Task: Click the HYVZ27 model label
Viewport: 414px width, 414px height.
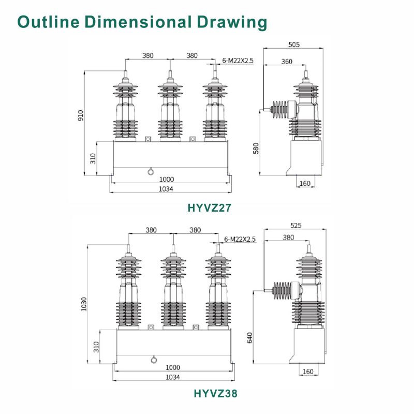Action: [x=209, y=208]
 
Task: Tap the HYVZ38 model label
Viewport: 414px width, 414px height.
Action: [x=215, y=393]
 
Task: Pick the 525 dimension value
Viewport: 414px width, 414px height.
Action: [x=296, y=226]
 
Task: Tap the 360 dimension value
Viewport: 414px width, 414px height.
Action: [x=286, y=61]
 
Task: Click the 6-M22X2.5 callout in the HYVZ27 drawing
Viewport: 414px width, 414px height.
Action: [x=238, y=61]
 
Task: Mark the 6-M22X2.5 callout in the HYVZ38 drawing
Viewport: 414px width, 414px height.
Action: [x=241, y=239]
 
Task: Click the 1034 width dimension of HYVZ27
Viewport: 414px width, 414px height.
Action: [x=166, y=189]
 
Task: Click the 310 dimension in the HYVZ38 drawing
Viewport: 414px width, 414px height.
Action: [x=96, y=346]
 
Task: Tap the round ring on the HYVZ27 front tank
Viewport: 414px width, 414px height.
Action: [x=151, y=172]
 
